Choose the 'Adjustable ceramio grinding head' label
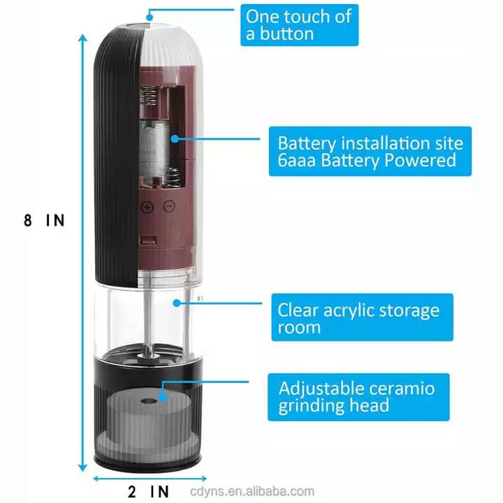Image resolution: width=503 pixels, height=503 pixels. pyautogui.click(x=358, y=397)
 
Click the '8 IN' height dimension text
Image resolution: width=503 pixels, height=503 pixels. pyautogui.click(x=43, y=221)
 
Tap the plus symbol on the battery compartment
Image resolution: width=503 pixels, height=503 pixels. pyautogui.click(x=147, y=207)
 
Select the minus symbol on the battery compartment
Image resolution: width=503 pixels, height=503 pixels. pyautogui.click(x=168, y=207)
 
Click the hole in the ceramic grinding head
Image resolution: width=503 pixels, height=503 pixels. pyautogui.click(x=152, y=402)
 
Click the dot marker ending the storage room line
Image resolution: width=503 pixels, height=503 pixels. pyautogui.click(x=177, y=303)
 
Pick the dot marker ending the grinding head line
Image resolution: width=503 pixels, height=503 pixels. pyautogui.click(x=162, y=395)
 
